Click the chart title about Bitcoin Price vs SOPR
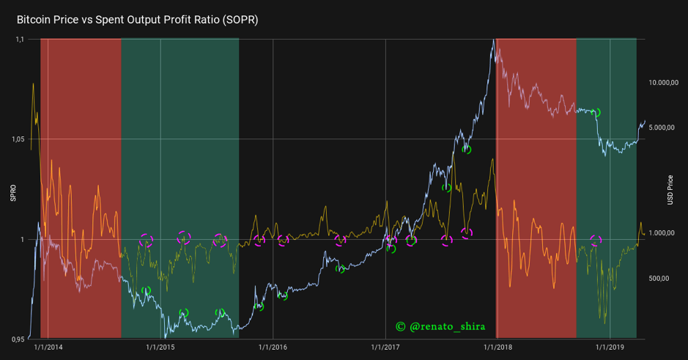point(137,19)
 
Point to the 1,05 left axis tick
point(18,139)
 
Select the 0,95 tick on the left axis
point(18,339)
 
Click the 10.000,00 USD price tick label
point(665,83)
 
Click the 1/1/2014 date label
point(48,347)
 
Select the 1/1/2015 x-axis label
point(160,347)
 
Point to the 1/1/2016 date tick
point(273,347)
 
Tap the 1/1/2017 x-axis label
point(385,347)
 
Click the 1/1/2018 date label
point(496,347)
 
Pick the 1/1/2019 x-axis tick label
point(608,347)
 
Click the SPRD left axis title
point(12,193)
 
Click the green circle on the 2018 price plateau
point(596,113)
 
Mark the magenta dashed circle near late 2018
point(596,240)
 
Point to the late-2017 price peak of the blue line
point(493,40)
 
